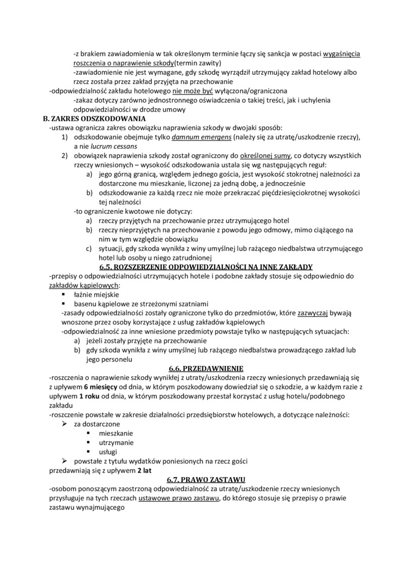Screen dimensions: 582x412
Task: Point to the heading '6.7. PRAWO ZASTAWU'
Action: [206, 480]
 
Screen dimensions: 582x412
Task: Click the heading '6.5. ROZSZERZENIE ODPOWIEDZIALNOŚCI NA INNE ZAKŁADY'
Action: [206, 267]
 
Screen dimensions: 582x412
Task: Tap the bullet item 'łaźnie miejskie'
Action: [97, 295]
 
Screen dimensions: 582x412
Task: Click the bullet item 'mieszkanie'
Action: [116, 433]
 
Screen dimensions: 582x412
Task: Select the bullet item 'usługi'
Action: [108, 452]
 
